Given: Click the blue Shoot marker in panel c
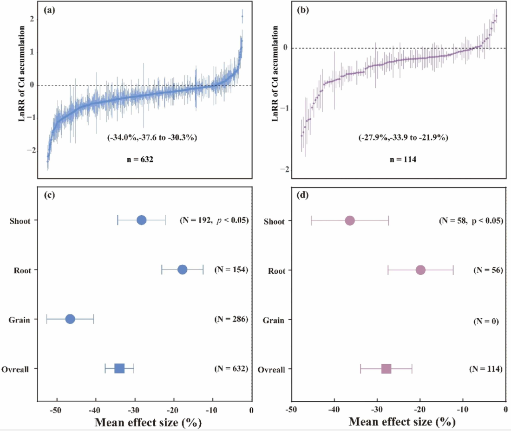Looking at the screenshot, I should [142, 220].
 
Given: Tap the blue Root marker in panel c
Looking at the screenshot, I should [182, 270].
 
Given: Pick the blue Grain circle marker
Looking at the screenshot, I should [70, 319].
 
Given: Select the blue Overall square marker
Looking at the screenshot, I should [119, 368].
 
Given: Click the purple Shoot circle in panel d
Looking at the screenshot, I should [350, 221].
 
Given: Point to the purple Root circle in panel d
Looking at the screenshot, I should [420, 270].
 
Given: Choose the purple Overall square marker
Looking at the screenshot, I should [386, 369].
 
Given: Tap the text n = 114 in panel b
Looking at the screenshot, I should [390, 159].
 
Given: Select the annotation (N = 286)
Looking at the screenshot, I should [230, 319].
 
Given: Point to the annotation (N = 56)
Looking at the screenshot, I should [485, 270].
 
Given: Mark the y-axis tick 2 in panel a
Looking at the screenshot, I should [32, 19].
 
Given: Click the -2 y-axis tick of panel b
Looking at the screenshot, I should [283, 169].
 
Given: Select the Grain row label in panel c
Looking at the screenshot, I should [20, 319].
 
